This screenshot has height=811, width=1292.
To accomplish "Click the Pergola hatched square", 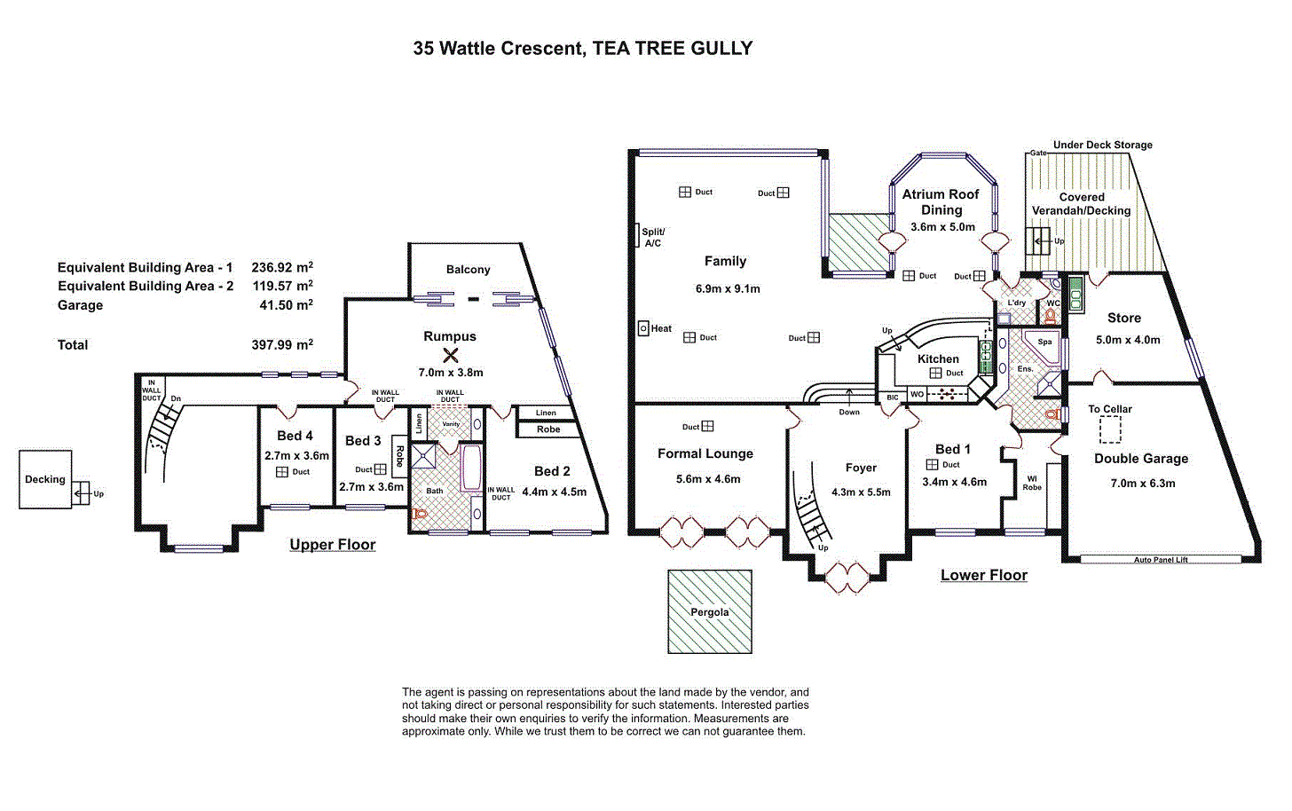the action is point(710,612).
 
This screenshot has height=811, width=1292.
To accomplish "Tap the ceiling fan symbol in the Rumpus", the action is point(451,355).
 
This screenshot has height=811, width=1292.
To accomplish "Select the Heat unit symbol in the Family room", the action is point(643,328).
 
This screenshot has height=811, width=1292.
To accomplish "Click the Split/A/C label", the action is point(653,237).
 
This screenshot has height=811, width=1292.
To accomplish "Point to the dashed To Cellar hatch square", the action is point(1110,429).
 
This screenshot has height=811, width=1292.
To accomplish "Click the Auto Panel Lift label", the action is point(1161,560).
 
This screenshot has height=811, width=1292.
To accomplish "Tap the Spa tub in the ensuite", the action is point(1043,345).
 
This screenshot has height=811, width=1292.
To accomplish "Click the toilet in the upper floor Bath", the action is point(420,513).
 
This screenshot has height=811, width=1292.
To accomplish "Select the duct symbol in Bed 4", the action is point(281,472).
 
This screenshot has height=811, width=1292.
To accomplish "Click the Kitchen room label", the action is point(938,358).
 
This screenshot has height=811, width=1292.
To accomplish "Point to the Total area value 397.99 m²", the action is point(282,344).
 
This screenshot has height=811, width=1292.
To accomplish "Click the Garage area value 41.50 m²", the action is point(286,304).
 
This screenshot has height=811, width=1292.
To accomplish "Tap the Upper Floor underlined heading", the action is point(332,545).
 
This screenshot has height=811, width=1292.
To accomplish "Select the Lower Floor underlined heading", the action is point(984,575).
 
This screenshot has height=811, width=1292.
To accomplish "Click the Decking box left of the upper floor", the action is point(45,479).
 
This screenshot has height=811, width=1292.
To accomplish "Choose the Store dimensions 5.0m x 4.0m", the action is point(1128,340).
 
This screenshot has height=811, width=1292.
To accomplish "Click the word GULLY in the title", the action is point(721,48).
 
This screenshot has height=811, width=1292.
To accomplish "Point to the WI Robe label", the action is point(1032,483).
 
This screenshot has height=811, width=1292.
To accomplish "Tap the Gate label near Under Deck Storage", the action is point(1038,153).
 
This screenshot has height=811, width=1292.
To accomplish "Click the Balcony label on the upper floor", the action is point(468,270).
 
